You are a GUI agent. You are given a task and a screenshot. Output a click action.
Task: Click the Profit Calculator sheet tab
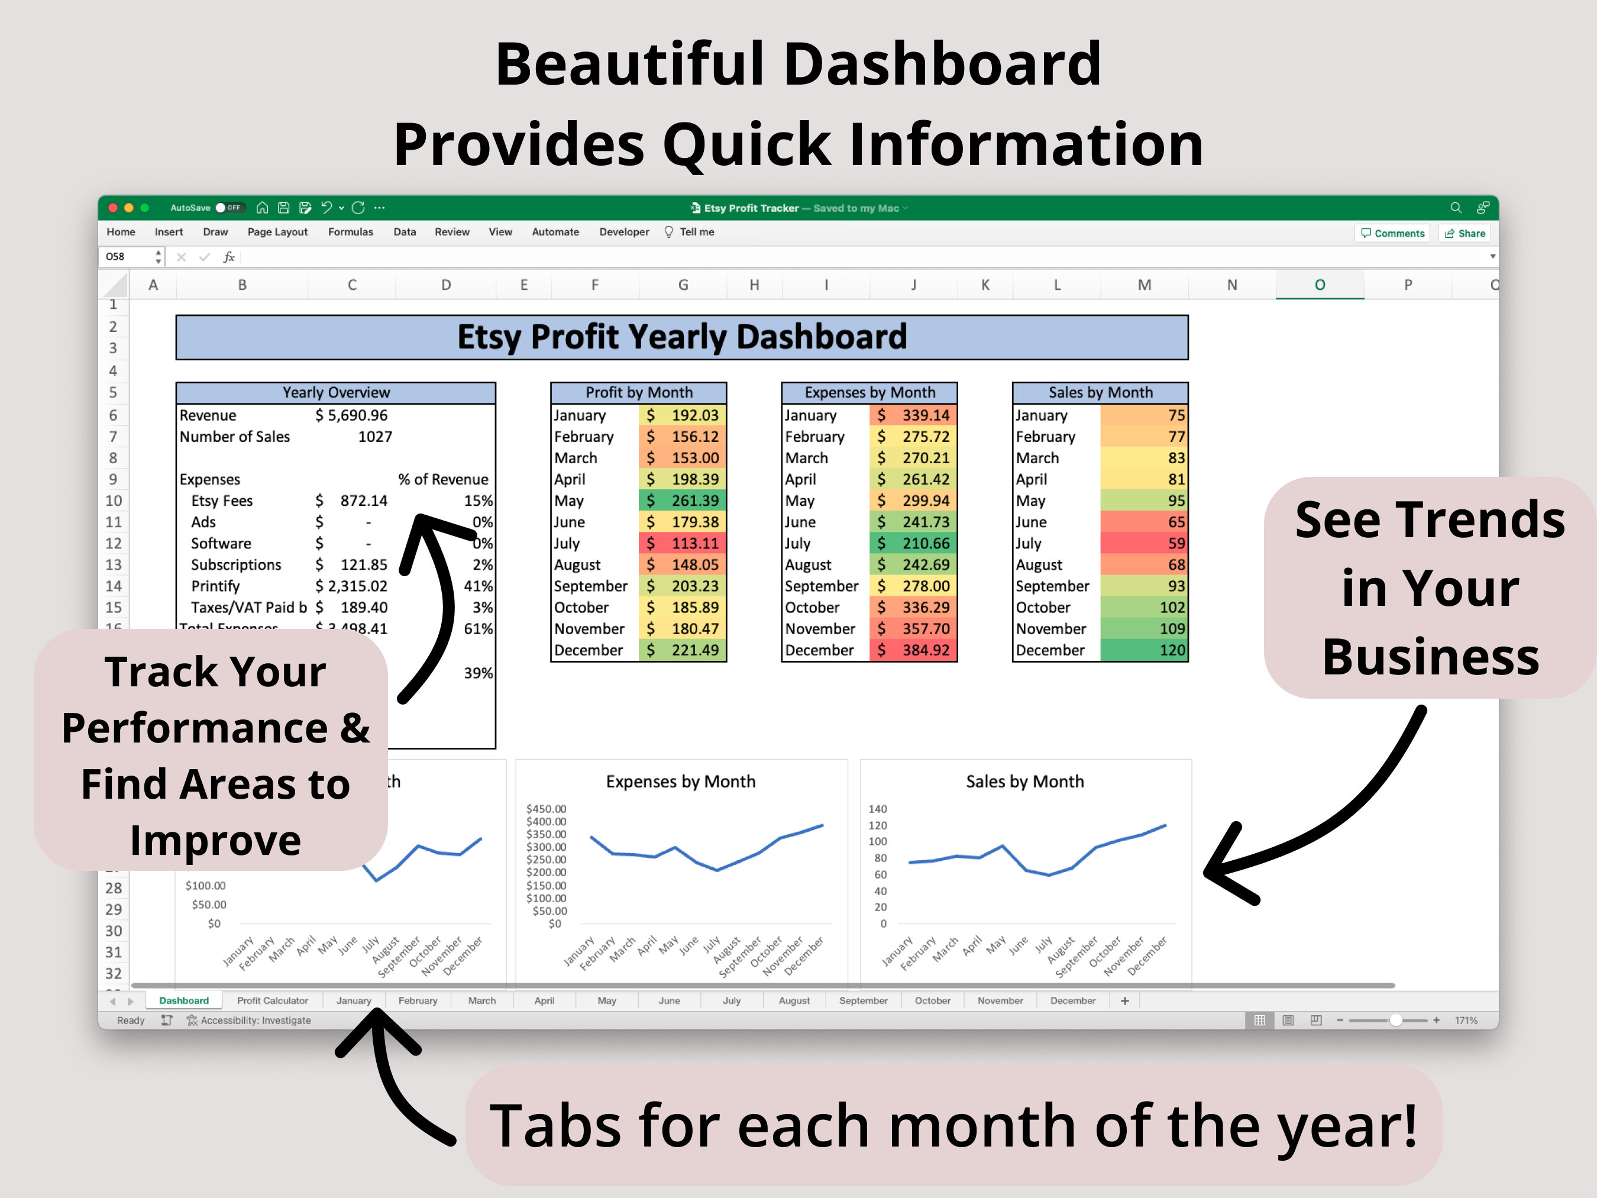pos(272,1001)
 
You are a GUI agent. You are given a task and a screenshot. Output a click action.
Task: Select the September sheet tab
pos(863,1001)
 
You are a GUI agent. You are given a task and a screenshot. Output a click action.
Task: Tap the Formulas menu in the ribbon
pos(350,232)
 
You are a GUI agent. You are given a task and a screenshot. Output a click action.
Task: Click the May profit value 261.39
pos(682,500)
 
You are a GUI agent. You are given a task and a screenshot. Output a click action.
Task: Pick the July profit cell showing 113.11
pos(682,543)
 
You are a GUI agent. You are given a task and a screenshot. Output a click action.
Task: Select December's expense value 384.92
pos(913,650)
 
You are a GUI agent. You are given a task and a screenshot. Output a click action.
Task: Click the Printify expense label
pos(215,586)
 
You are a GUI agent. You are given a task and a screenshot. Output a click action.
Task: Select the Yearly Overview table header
pos(336,393)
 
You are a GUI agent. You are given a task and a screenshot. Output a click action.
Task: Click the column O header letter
pos(1319,285)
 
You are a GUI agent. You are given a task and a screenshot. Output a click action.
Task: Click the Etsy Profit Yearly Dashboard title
pos(681,337)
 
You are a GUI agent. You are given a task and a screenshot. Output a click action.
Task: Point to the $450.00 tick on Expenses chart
pos(546,809)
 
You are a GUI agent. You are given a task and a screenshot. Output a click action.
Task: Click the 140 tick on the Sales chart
pos(877,809)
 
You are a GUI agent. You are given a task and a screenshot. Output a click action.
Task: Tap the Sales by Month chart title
pos(1024,782)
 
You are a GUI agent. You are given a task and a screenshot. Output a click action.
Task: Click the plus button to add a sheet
pos(1124,1001)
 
